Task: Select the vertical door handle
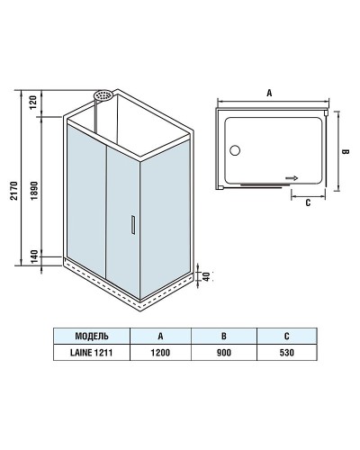pos(131,226)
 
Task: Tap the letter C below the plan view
pos(307,203)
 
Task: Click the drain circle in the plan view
pos(237,151)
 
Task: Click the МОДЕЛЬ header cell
pos(92,335)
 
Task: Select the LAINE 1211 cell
pos(92,352)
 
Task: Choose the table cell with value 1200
pos(159,352)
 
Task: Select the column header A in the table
pos(159,335)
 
